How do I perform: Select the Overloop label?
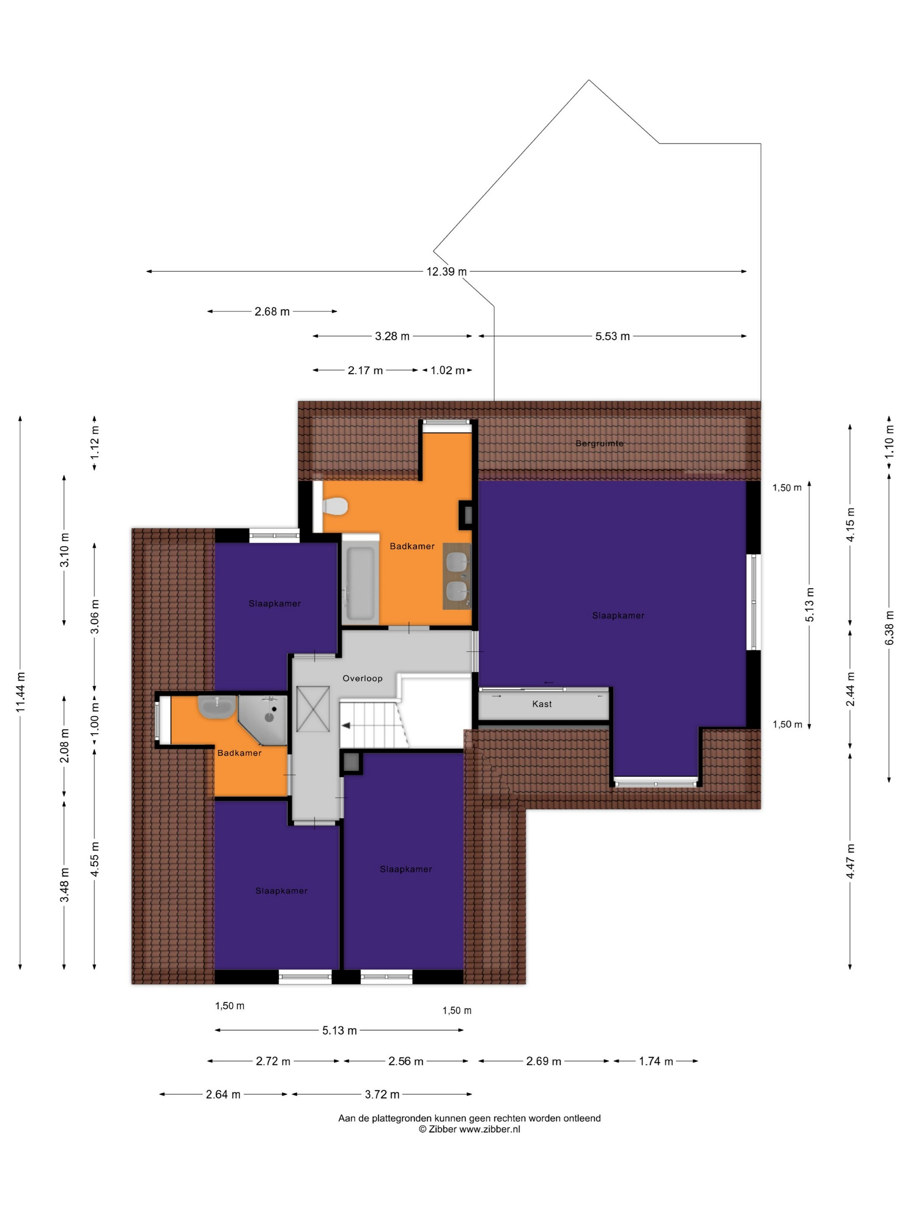362,678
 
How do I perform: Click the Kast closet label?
542,704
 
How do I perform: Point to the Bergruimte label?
600,443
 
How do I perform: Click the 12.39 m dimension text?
447,271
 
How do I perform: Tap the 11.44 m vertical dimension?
21,692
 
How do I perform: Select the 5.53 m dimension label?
612,336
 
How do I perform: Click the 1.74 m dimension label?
656,1061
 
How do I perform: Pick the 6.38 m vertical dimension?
889,627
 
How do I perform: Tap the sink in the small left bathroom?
217,707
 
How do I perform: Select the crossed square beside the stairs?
313,709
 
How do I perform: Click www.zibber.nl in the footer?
489,1129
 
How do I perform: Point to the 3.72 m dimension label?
382,1095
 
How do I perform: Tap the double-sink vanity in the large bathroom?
457,576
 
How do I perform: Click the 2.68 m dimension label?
272,312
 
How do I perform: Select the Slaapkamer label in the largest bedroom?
618,616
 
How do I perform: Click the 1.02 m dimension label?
447,371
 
